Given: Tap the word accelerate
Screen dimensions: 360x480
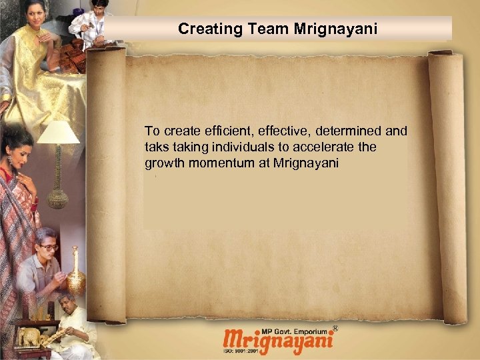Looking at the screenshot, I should [x=339, y=147].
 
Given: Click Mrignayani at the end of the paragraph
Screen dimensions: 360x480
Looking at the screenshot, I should [x=306, y=163].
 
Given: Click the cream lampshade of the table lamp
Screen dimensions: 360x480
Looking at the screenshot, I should [x=58, y=133].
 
